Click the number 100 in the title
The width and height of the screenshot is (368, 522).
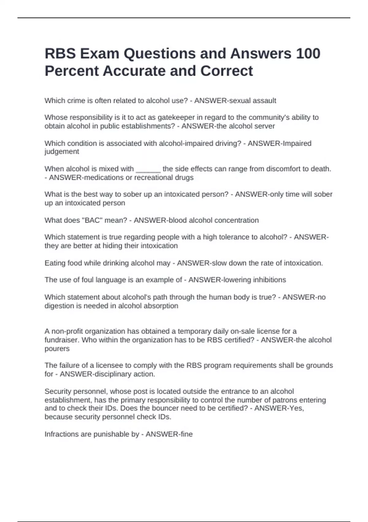tap(308, 53)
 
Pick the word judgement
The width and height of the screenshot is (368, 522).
tap(62, 151)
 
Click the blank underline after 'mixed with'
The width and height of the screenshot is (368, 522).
tap(148, 169)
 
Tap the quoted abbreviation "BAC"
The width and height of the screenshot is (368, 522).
tap(93, 220)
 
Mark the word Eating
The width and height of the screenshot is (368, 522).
tap(55, 263)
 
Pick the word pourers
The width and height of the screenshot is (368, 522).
tap(57, 349)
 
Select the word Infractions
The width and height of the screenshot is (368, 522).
tap(61, 434)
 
